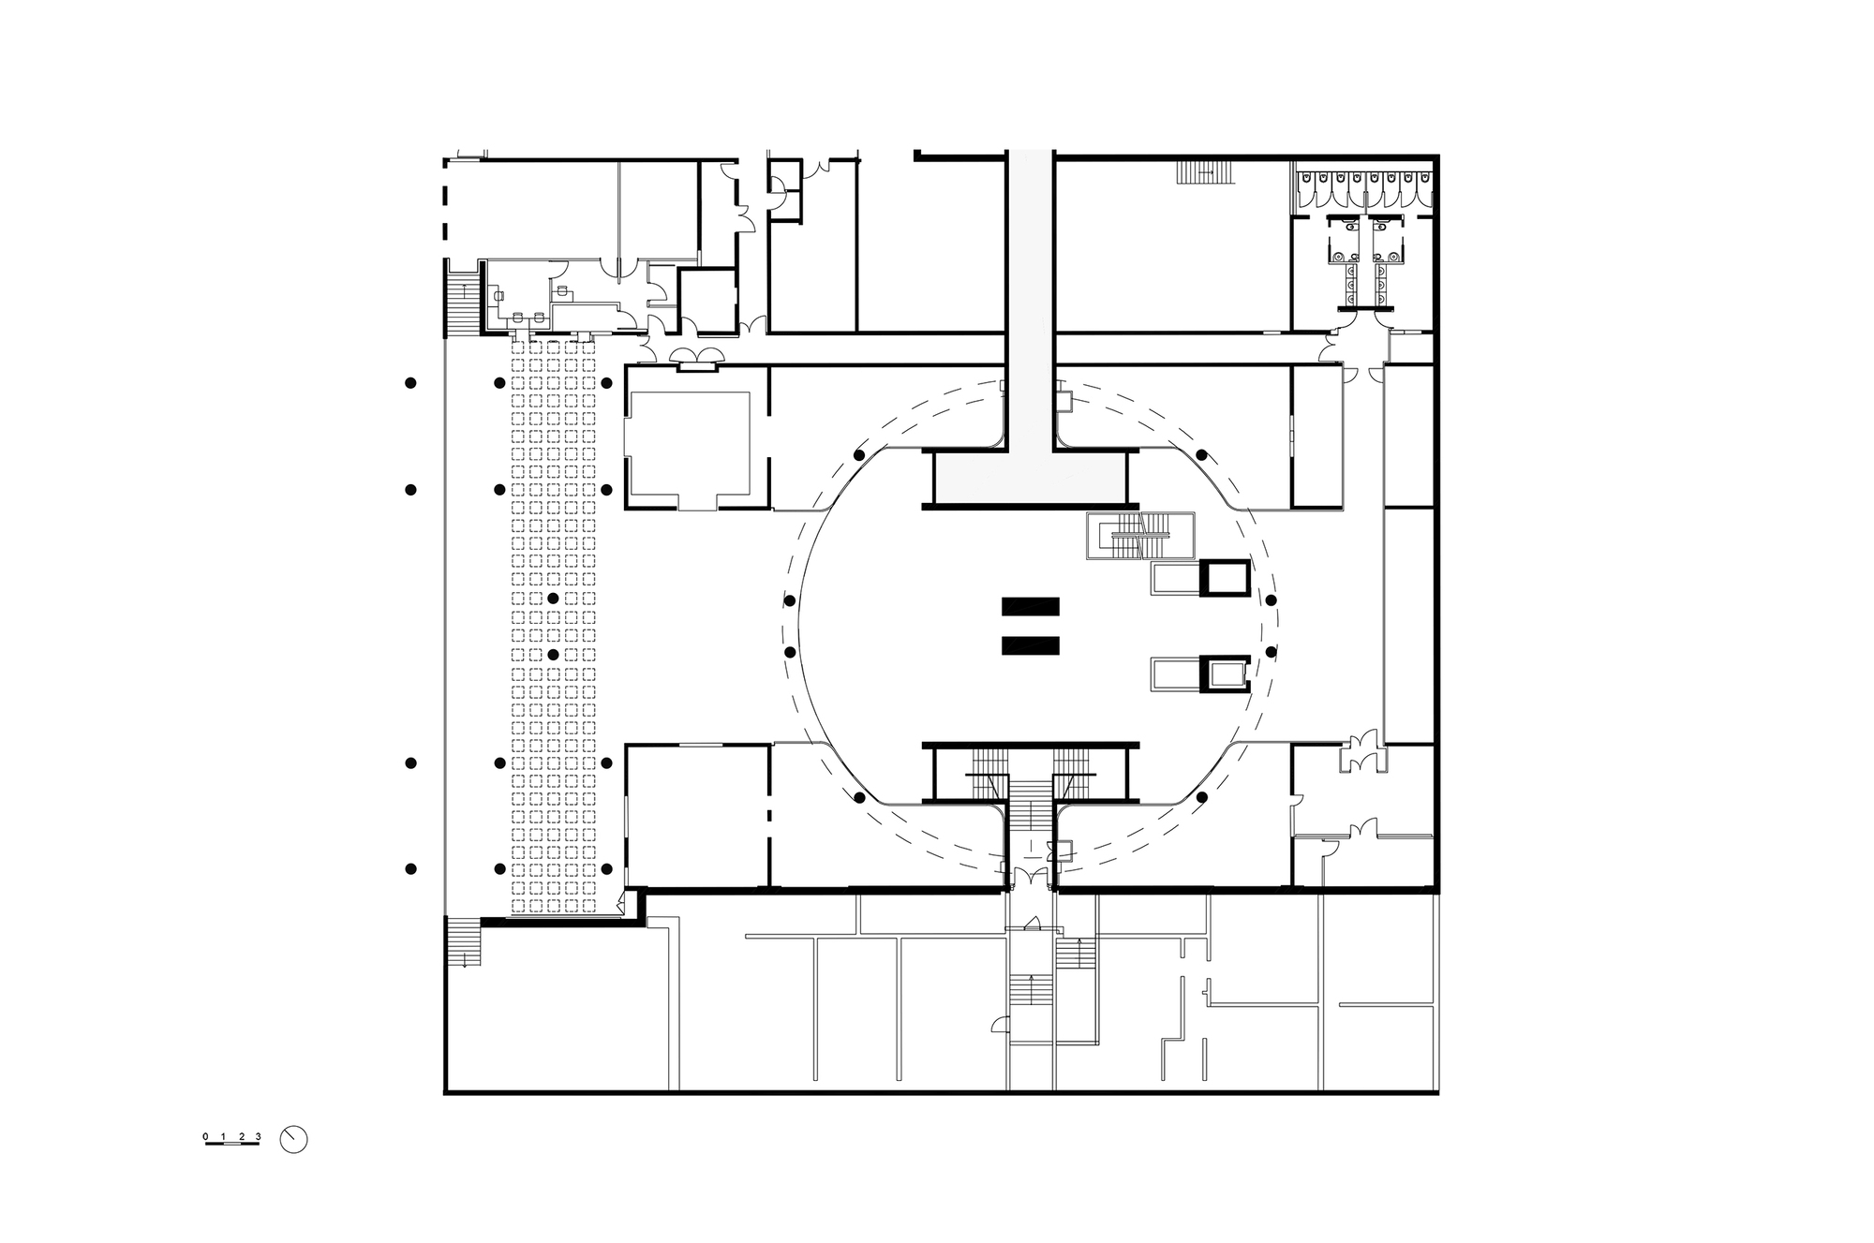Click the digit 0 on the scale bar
205,1137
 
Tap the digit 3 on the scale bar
258,1137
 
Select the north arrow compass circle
293,1139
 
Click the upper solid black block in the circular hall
1031,606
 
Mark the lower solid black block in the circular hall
1031,645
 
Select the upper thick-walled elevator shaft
1226,578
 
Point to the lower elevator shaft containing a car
1226,673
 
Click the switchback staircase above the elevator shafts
1140,536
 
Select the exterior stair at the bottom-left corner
463,940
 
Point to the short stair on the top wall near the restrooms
1205,172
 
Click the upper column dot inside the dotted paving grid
553,598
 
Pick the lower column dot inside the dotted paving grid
553,654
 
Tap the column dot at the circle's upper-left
859,455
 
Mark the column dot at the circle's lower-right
1201,797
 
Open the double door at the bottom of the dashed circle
1031,878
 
